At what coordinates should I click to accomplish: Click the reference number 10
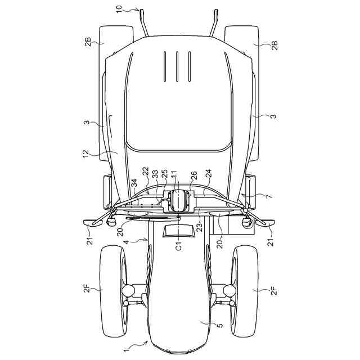[x=119, y=10]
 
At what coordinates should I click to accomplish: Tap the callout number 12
[x=85, y=154]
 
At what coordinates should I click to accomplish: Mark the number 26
[x=194, y=175]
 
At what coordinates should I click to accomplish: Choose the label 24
[x=209, y=174]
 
